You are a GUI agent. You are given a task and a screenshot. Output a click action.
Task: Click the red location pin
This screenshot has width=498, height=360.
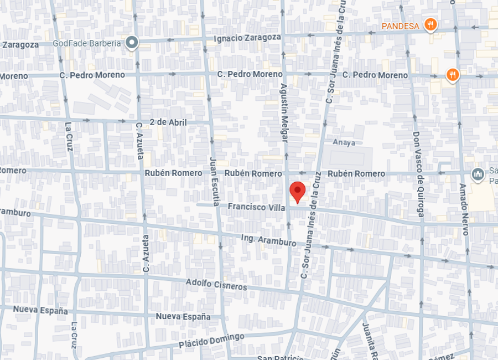(x=298, y=192)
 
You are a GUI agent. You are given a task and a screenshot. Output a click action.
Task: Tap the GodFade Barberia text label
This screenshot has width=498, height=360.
(x=86, y=43)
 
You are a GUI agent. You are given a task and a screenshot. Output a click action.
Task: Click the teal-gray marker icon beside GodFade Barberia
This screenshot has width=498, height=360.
(x=132, y=43)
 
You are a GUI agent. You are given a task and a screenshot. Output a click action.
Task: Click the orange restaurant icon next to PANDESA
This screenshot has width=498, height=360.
(x=430, y=24)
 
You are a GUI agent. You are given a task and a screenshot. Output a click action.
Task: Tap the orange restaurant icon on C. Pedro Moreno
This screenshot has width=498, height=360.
(x=453, y=75)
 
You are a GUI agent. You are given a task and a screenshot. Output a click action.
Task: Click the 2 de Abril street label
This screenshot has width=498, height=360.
(x=168, y=122)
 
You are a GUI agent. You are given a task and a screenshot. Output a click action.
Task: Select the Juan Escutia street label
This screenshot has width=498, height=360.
(x=214, y=178)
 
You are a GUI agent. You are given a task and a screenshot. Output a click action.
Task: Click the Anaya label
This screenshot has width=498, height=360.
(x=344, y=142)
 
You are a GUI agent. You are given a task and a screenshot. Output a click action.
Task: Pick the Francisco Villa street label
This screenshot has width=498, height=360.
(x=256, y=207)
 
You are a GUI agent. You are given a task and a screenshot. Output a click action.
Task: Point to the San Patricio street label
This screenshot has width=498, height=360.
(x=279, y=357)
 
